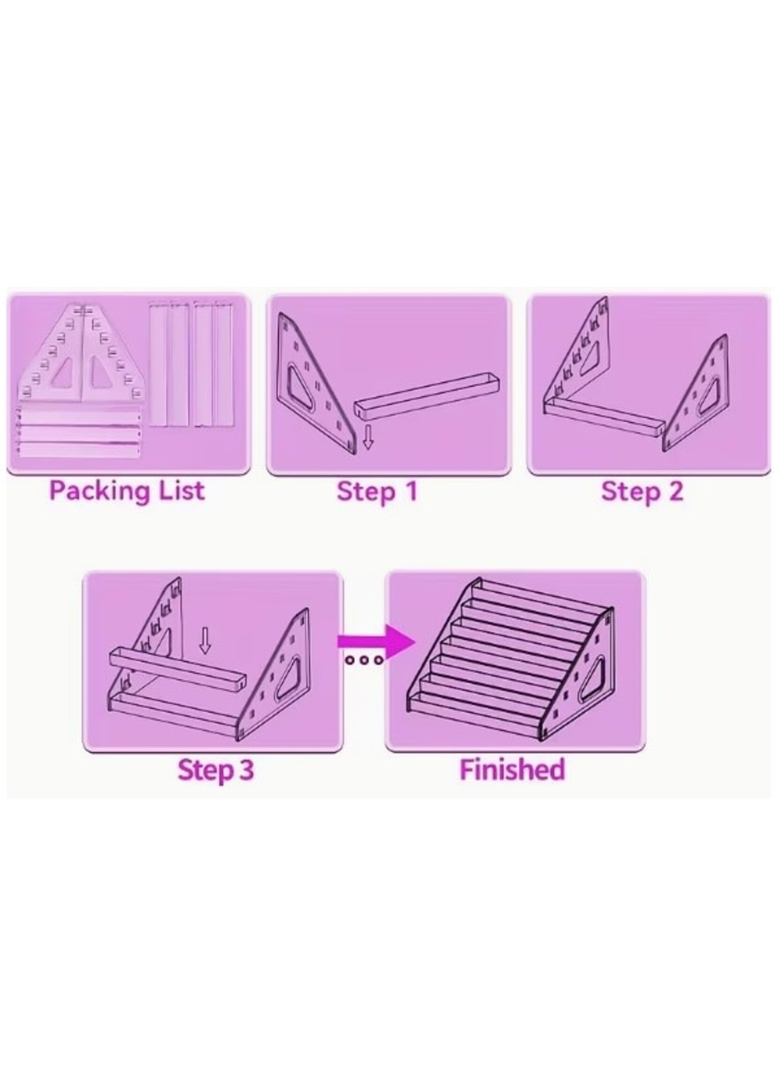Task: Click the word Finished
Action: click(x=512, y=770)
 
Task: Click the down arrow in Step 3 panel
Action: click(x=205, y=640)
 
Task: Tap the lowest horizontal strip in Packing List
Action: click(x=79, y=450)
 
